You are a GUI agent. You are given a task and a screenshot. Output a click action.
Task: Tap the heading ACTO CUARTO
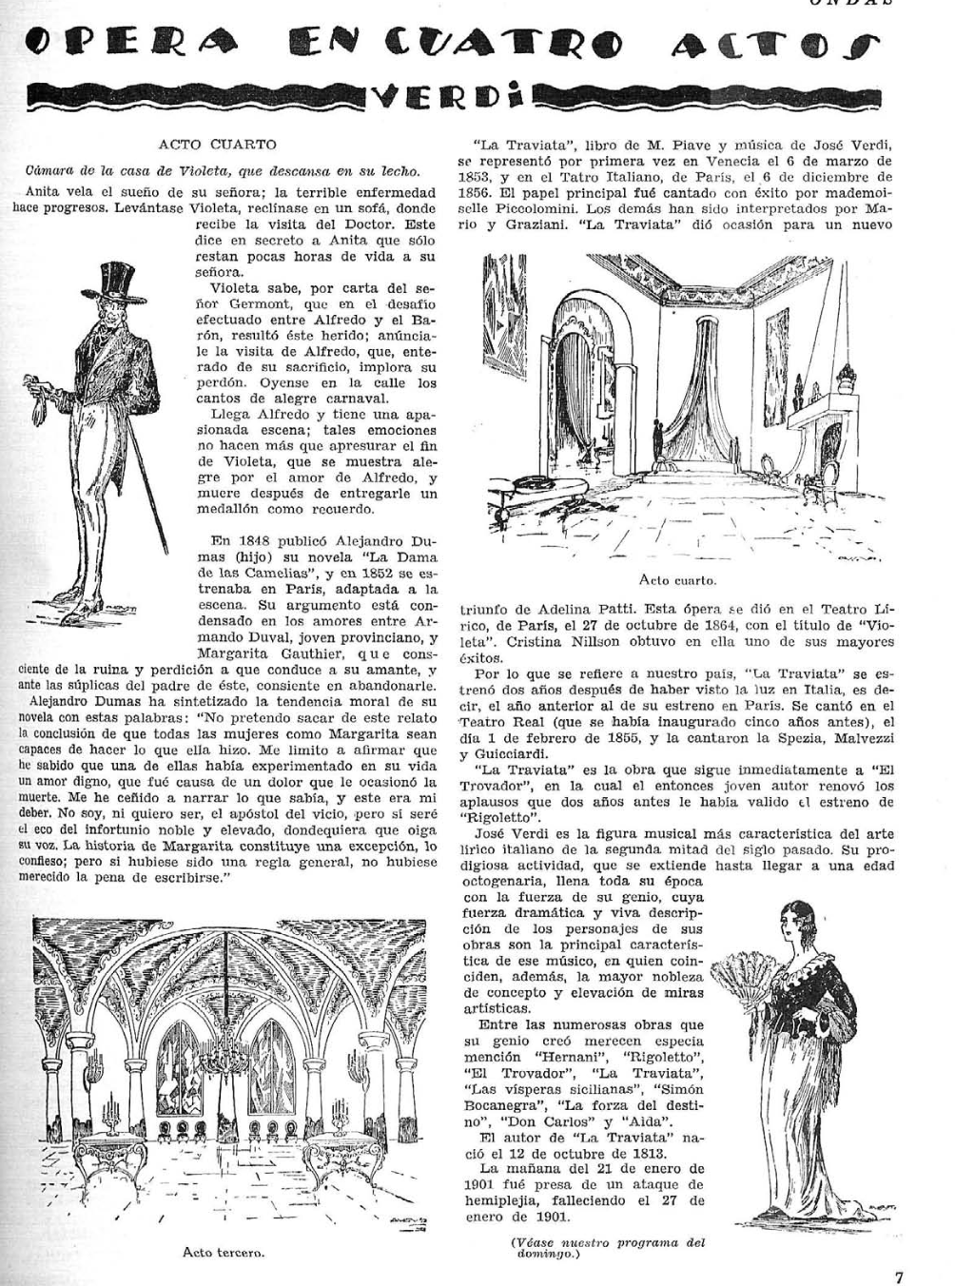pyautogui.click(x=218, y=145)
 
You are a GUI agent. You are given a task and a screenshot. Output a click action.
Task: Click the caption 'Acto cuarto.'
pyautogui.click(x=678, y=579)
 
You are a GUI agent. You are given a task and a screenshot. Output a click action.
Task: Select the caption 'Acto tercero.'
pyautogui.click(x=223, y=1252)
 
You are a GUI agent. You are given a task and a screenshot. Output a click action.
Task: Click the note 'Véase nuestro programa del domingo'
pyautogui.click(x=607, y=1247)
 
